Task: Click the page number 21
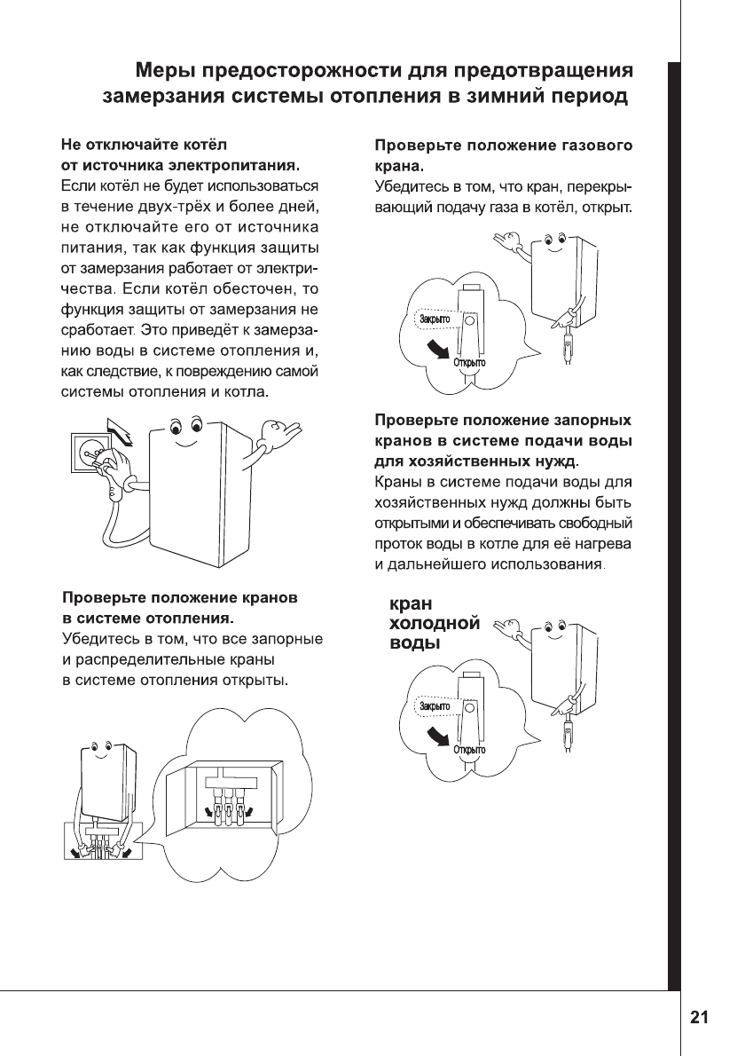click(700, 1018)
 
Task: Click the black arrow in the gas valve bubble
click(434, 349)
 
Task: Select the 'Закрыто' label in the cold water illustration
click(435, 706)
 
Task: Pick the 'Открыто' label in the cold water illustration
click(469, 750)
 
